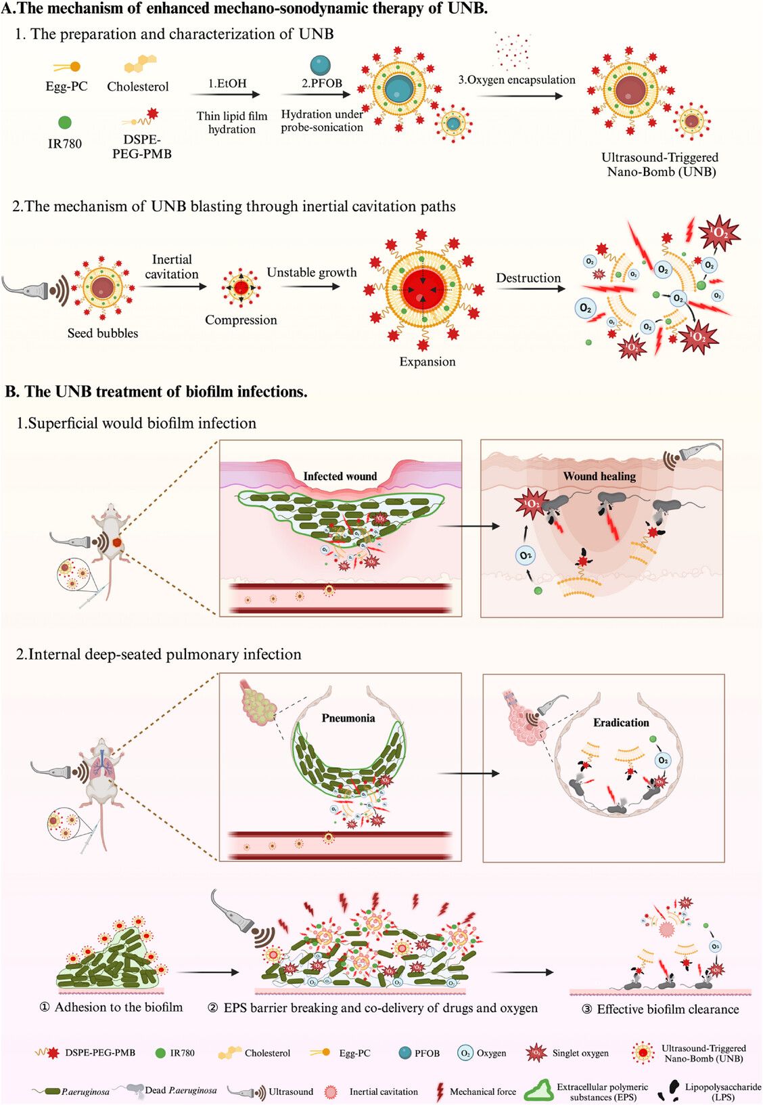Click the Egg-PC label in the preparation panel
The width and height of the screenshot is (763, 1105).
(x=66, y=87)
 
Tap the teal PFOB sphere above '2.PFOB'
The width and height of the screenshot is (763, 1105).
(x=321, y=66)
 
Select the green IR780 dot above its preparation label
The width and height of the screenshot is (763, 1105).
(x=65, y=123)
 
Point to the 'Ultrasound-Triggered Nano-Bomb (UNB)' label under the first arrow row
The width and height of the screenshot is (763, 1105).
(x=660, y=165)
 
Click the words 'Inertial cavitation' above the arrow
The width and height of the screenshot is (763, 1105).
(x=172, y=267)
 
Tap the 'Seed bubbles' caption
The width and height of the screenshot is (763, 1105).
(x=103, y=333)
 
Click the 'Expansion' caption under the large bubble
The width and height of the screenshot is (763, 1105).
(x=427, y=362)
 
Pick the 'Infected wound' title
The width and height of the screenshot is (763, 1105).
(x=340, y=476)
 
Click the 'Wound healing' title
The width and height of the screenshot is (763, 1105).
(x=599, y=476)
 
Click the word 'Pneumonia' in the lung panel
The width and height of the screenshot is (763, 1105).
(x=348, y=718)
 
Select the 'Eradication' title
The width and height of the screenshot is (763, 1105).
(x=621, y=722)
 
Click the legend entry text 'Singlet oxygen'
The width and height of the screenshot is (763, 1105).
(x=580, y=1053)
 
